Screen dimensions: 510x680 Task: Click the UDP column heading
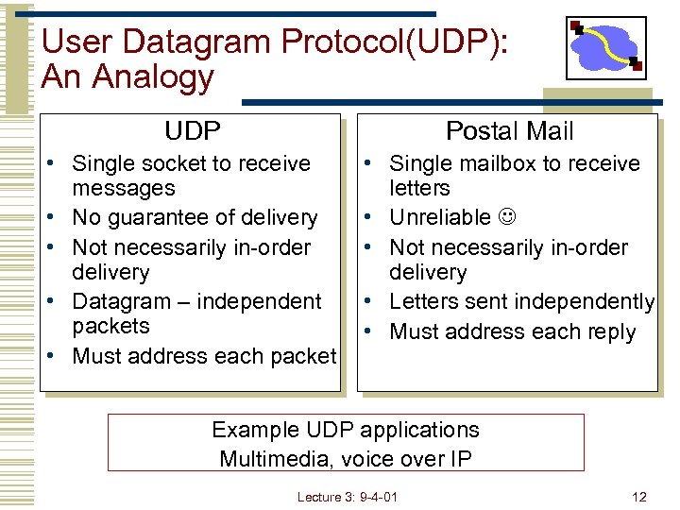(193, 131)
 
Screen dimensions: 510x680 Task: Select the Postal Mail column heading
(509, 131)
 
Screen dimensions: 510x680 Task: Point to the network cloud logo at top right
(605, 47)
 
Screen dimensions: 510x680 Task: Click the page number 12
(639, 497)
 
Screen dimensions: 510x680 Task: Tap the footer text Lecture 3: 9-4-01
(347, 497)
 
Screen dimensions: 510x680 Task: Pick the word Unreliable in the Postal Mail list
(440, 218)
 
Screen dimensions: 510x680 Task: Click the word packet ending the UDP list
(304, 356)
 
